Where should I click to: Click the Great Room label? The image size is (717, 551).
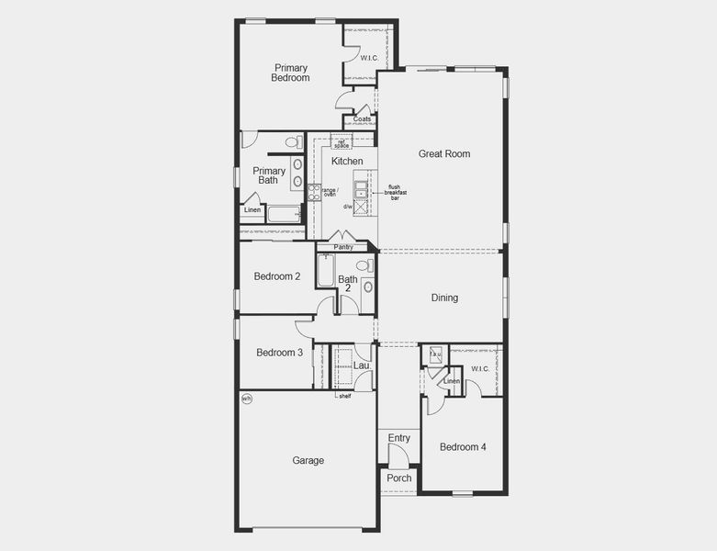(444, 154)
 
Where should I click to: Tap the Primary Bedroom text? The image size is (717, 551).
(290, 73)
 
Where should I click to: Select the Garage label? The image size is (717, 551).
(308, 461)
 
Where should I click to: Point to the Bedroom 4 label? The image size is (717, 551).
(463, 447)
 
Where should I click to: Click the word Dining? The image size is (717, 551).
(444, 298)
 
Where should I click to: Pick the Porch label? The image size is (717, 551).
(398, 478)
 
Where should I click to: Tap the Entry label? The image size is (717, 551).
(398, 438)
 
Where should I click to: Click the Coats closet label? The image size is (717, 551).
(362, 119)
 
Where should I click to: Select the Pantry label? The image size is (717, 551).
(343, 247)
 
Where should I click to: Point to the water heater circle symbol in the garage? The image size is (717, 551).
(246, 399)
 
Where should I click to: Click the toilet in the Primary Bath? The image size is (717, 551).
(293, 143)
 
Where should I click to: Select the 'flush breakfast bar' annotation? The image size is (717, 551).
(395, 192)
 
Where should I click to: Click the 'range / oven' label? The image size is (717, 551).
(329, 192)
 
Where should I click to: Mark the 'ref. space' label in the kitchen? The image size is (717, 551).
(342, 143)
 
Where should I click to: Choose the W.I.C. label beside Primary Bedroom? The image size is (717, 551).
(369, 58)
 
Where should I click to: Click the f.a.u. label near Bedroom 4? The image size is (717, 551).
(436, 354)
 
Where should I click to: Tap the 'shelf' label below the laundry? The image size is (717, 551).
(344, 396)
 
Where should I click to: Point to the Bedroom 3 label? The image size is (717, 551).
(279, 353)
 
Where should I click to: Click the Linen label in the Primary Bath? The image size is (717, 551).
(252, 210)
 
